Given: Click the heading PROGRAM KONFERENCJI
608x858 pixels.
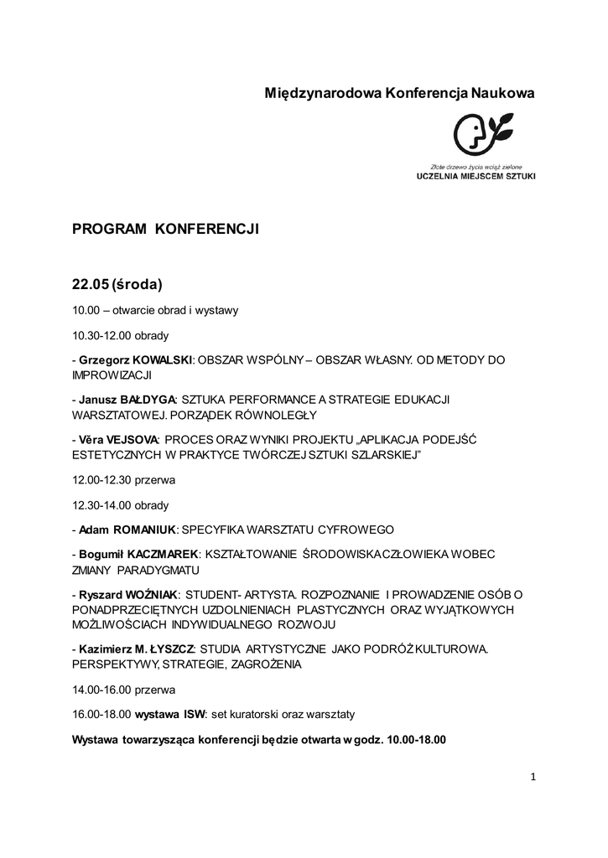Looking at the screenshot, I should point(165,229).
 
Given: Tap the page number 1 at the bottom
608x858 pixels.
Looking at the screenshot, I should point(533,777).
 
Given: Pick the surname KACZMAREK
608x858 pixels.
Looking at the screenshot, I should point(163,555).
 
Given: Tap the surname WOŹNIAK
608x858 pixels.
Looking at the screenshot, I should point(152,595).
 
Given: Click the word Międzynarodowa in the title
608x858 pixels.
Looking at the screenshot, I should point(323,94).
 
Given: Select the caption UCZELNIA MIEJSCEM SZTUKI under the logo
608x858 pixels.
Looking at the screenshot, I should point(475,177).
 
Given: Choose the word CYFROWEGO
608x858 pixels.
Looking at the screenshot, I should point(350,530).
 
